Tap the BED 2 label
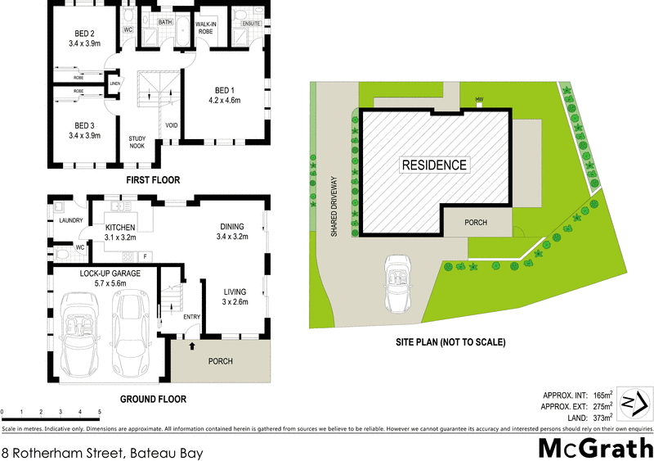85,34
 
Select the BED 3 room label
85,125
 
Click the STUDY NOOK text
137,142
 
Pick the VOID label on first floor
172,125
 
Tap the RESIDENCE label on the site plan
434,165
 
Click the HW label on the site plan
480,101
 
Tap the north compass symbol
634,403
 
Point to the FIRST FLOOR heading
153,179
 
